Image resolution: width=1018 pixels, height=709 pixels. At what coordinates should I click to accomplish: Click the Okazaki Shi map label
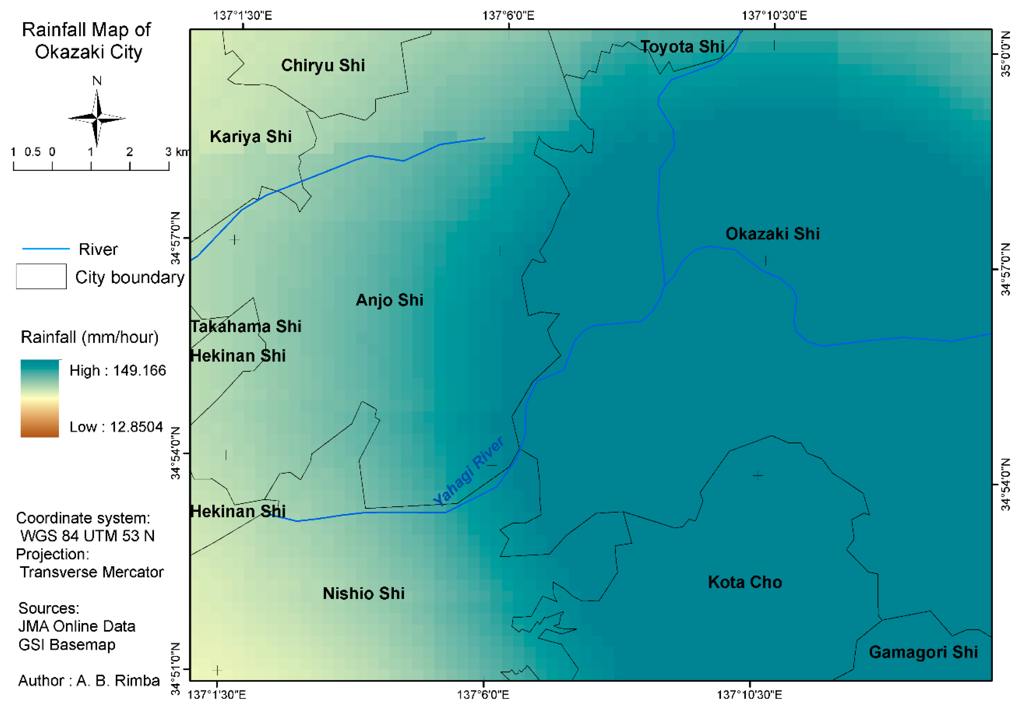click(x=772, y=234)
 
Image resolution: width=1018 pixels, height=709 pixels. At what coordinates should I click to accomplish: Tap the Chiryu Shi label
click(x=323, y=66)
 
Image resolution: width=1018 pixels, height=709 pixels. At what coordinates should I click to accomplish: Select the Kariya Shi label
click(x=250, y=136)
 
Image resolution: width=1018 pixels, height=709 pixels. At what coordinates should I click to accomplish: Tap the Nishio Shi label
click(x=364, y=593)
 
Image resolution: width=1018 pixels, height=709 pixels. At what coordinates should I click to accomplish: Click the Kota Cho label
click(x=745, y=582)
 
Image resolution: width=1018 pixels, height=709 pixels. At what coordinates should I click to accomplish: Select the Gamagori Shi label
click(x=923, y=652)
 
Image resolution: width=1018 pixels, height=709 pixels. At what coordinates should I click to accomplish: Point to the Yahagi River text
click(x=468, y=471)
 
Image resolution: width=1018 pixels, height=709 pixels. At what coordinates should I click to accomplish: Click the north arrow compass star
click(x=97, y=118)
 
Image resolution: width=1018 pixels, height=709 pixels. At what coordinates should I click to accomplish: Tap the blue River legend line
click(x=46, y=249)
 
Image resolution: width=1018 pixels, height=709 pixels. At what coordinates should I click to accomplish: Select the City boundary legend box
click(x=41, y=276)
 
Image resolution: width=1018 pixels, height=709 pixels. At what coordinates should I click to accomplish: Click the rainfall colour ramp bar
click(x=40, y=398)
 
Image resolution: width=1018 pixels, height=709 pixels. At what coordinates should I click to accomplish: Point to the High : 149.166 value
click(x=118, y=371)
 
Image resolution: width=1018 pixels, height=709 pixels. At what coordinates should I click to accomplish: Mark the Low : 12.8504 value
click(x=116, y=427)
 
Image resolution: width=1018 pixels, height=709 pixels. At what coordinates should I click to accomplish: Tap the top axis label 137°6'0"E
click(x=508, y=16)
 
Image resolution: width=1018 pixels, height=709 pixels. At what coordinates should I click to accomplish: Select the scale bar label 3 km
click(x=176, y=152)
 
